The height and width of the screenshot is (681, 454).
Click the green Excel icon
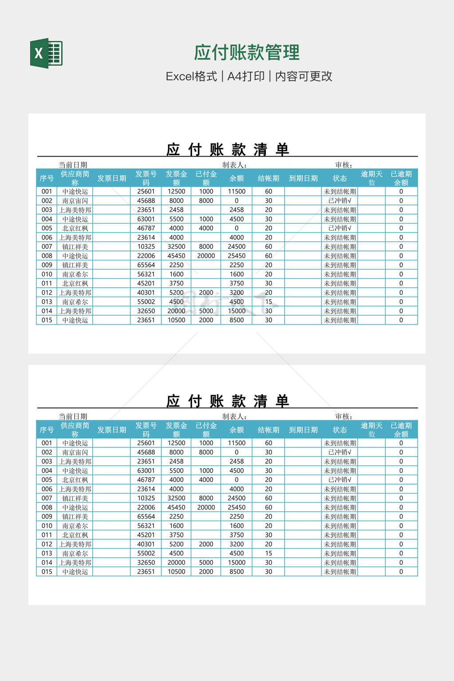46,53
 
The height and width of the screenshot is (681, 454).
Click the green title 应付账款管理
247,52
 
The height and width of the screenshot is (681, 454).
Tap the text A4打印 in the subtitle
246,76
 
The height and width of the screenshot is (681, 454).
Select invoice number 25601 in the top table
146,192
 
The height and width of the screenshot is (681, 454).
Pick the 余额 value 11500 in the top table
236,192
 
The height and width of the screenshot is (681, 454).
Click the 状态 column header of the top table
340,178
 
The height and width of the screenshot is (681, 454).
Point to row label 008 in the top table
47,256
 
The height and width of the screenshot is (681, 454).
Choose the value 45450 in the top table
176,256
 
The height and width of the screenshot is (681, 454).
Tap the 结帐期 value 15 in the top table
268,302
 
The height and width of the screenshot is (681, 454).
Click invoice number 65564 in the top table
146,265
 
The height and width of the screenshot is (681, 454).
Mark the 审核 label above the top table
344,165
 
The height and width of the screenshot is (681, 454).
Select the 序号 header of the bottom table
47,430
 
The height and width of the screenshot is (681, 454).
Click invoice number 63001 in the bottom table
146,470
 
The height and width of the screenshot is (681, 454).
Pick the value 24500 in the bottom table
236,498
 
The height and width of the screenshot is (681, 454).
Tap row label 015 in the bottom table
47,572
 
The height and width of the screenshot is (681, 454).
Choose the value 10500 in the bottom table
176,572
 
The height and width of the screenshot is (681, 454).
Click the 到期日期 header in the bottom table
303,430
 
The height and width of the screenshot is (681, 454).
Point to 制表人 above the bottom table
234,416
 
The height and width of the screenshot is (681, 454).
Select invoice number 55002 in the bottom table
146,553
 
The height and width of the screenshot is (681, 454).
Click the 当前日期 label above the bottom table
73,416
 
